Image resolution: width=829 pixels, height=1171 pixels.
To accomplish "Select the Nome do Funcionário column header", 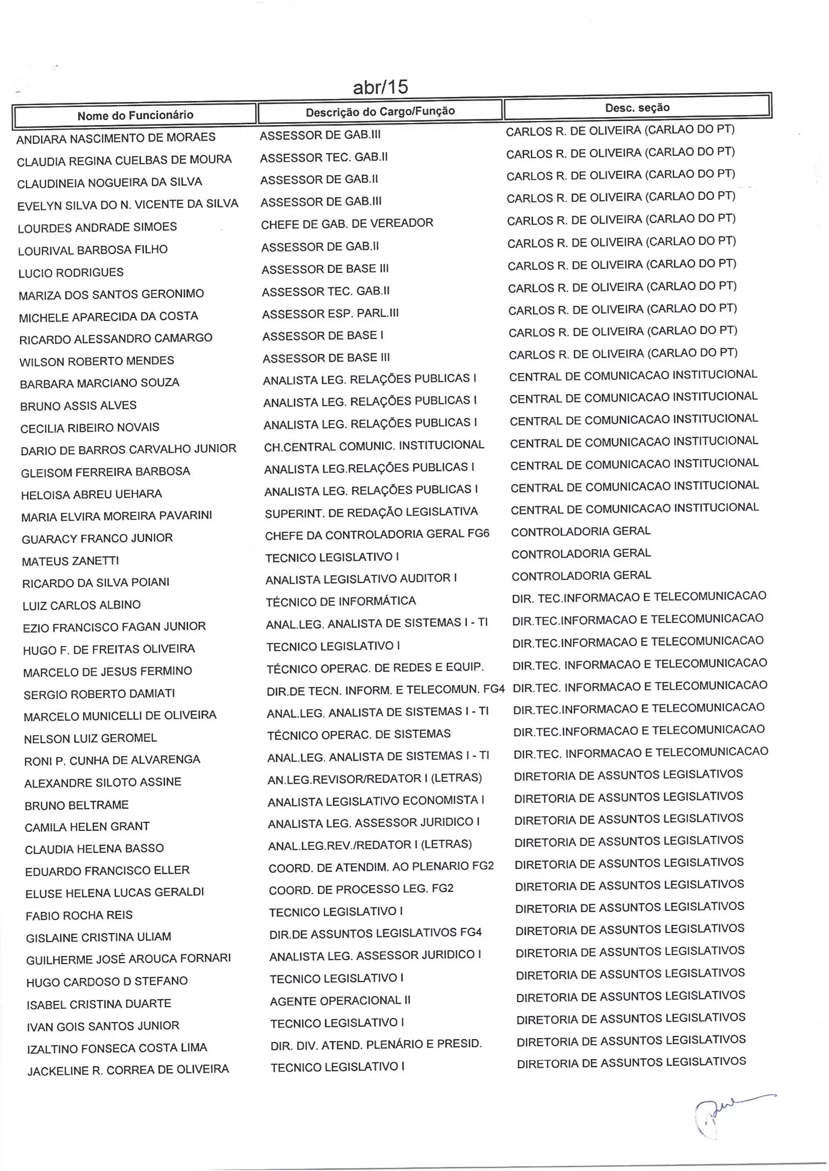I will point(135,115).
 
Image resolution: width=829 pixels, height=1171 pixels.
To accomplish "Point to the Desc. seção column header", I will point(637,108).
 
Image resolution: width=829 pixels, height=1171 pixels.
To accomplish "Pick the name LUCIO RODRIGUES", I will point(71,273).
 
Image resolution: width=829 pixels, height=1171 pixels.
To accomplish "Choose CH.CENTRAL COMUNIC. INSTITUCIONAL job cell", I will point(374,446).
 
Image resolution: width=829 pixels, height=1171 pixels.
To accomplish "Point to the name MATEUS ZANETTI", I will point(70,561).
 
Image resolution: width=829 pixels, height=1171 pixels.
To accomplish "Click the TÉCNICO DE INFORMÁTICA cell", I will point(340,601).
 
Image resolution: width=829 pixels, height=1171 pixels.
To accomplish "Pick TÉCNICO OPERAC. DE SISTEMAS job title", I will point(358,734).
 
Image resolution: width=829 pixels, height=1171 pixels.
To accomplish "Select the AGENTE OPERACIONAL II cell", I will point(340,1001).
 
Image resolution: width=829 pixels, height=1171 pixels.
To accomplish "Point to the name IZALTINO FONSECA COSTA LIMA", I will point(117,1048).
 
